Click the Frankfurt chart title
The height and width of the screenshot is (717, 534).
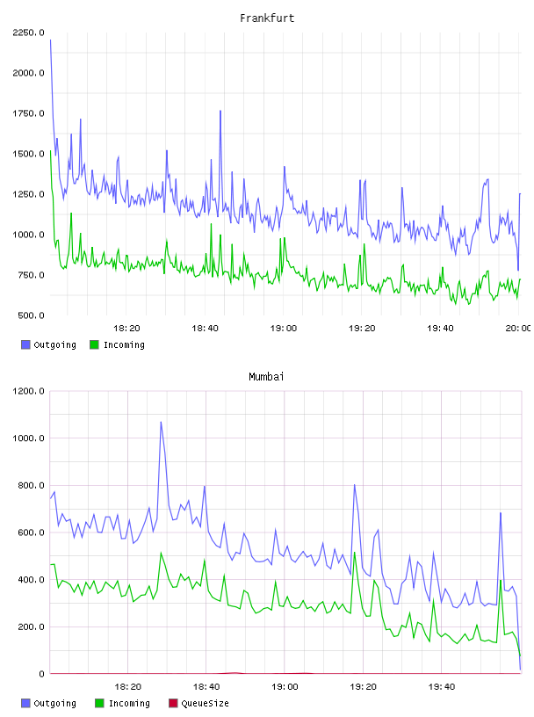(267, 18)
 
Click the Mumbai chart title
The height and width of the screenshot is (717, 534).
(266, 377)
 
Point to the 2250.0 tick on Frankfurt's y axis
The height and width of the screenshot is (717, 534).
(28, 33)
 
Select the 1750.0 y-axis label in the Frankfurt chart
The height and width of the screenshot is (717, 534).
(28, 113)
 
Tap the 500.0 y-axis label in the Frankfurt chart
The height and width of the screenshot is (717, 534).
(31, 315)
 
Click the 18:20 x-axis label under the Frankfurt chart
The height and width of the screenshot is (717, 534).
(126, 329)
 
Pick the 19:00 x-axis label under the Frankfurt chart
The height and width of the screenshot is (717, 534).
(284, 329)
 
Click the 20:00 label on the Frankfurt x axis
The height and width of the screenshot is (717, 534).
(518, 329)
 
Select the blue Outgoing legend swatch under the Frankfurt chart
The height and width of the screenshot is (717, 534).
(25, 344)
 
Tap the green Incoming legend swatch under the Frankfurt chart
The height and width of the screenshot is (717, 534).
(94, 344)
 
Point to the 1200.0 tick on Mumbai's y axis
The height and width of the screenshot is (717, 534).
(28, 391)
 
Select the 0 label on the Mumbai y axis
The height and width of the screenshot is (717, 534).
(41, 674)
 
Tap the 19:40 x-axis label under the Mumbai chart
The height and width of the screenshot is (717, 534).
(442, 687)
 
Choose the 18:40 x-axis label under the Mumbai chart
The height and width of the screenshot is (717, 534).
(206, 687)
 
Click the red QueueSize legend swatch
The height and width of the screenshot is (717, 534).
(173, 703)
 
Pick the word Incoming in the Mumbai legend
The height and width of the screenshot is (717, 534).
(129, 704)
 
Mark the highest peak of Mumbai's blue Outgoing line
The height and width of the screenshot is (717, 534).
(161, 422)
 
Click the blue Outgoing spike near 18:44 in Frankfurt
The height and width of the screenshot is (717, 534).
(220, 111)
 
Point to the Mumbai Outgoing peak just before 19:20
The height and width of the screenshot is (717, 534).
(354, 485)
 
